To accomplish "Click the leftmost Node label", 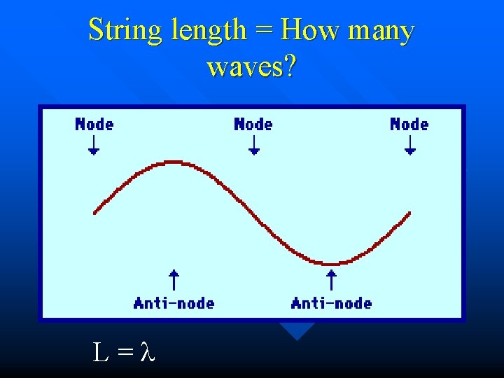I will pyautogui.click(x=94, y=125).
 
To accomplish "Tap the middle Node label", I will pyautogui.click(x=253, y=125).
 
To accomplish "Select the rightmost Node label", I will pyautogui.click(x=409, y=125).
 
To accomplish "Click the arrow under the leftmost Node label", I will pyautogui.click(x=93, y=145).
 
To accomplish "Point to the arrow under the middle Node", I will pyautogui.click(x=254, y=145).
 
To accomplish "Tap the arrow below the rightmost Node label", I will pyautogui.click(x=410, y=145).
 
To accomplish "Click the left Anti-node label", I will pyautogui.click(x=174, y=303).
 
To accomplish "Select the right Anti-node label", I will pyautogui.click(x=331, y=303).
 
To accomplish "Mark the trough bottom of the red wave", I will pyautogui.click(x=331, y=264).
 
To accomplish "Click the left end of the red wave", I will pyautogui.click(x=95, y=212).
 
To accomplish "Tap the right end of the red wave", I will pyautogui.click(x=409, y=213).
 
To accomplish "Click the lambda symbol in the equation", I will pyautogui.click(x=146, y=352).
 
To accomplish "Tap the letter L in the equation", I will pyautogui.click(x=101, y=352).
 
